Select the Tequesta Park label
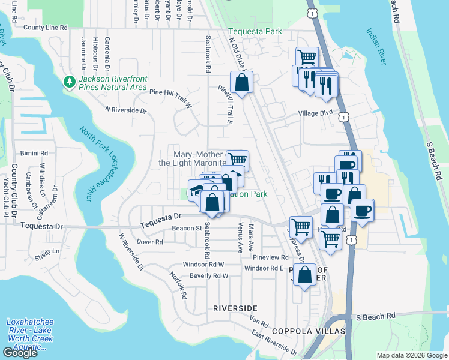coord(254,32)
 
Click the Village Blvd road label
coord(315,112)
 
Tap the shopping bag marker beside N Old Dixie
coord(241,83)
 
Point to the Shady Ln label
coord(47,251)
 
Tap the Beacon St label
coord(187,228)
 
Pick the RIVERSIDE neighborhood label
coord(235,308)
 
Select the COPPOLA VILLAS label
coord(300,331)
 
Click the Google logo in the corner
coord(20,353)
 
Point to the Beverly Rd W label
coord(209,276)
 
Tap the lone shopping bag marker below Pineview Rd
coord(305,275)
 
